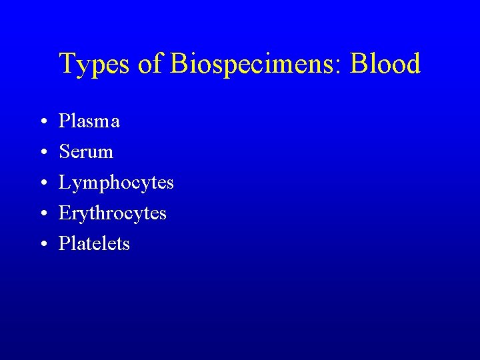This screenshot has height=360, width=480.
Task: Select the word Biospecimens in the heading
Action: click(252, 65)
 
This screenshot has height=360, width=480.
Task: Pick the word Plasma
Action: click(89, 121)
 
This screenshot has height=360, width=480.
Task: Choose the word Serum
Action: click(86, 152)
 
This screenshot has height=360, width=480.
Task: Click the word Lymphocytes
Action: click(116, 183)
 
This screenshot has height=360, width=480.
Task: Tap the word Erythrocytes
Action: click(113, 214)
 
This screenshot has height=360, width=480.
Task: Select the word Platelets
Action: click(94, 244)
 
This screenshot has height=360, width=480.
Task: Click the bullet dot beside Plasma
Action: click(41, 122)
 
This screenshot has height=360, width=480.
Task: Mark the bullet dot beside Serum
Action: click(41, 153)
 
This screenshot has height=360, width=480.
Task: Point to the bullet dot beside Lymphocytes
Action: click(41, 183)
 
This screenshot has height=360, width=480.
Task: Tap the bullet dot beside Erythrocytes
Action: click(41, 214)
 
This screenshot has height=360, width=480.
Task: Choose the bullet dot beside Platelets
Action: click(41, 245)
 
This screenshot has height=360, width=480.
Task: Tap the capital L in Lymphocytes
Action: click(65, 182)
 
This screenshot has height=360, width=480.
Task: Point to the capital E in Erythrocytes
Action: click(65, 213)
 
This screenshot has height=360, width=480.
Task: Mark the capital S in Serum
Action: click(64, 152)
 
